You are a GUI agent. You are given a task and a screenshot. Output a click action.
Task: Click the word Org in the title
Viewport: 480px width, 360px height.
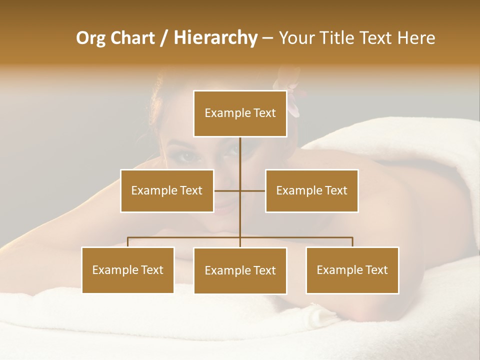(x=91, y=38)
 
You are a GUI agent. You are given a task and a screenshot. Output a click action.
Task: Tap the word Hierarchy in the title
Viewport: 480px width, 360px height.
(x=215, y=38)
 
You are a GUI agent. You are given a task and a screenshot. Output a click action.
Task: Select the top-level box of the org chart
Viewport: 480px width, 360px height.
(x=240, y=113)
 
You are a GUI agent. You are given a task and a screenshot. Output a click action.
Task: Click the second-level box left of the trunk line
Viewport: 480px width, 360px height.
(x=167, y=190)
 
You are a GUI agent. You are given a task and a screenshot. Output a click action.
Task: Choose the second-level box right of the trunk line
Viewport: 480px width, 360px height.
(x=311, y=190)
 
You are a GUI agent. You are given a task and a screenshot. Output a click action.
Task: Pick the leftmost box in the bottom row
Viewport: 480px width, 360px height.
(x=128, y=270)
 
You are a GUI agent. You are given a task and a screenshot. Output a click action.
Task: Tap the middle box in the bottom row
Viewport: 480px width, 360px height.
(x=240, y=270)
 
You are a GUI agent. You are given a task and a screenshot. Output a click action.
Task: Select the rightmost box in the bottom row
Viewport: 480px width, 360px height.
(x=352, y=270)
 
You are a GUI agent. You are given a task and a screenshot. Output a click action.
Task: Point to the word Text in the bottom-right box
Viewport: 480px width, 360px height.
(x=376, y=270)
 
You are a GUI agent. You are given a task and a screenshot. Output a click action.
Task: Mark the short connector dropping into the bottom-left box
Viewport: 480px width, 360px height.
(x=128, y=242)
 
